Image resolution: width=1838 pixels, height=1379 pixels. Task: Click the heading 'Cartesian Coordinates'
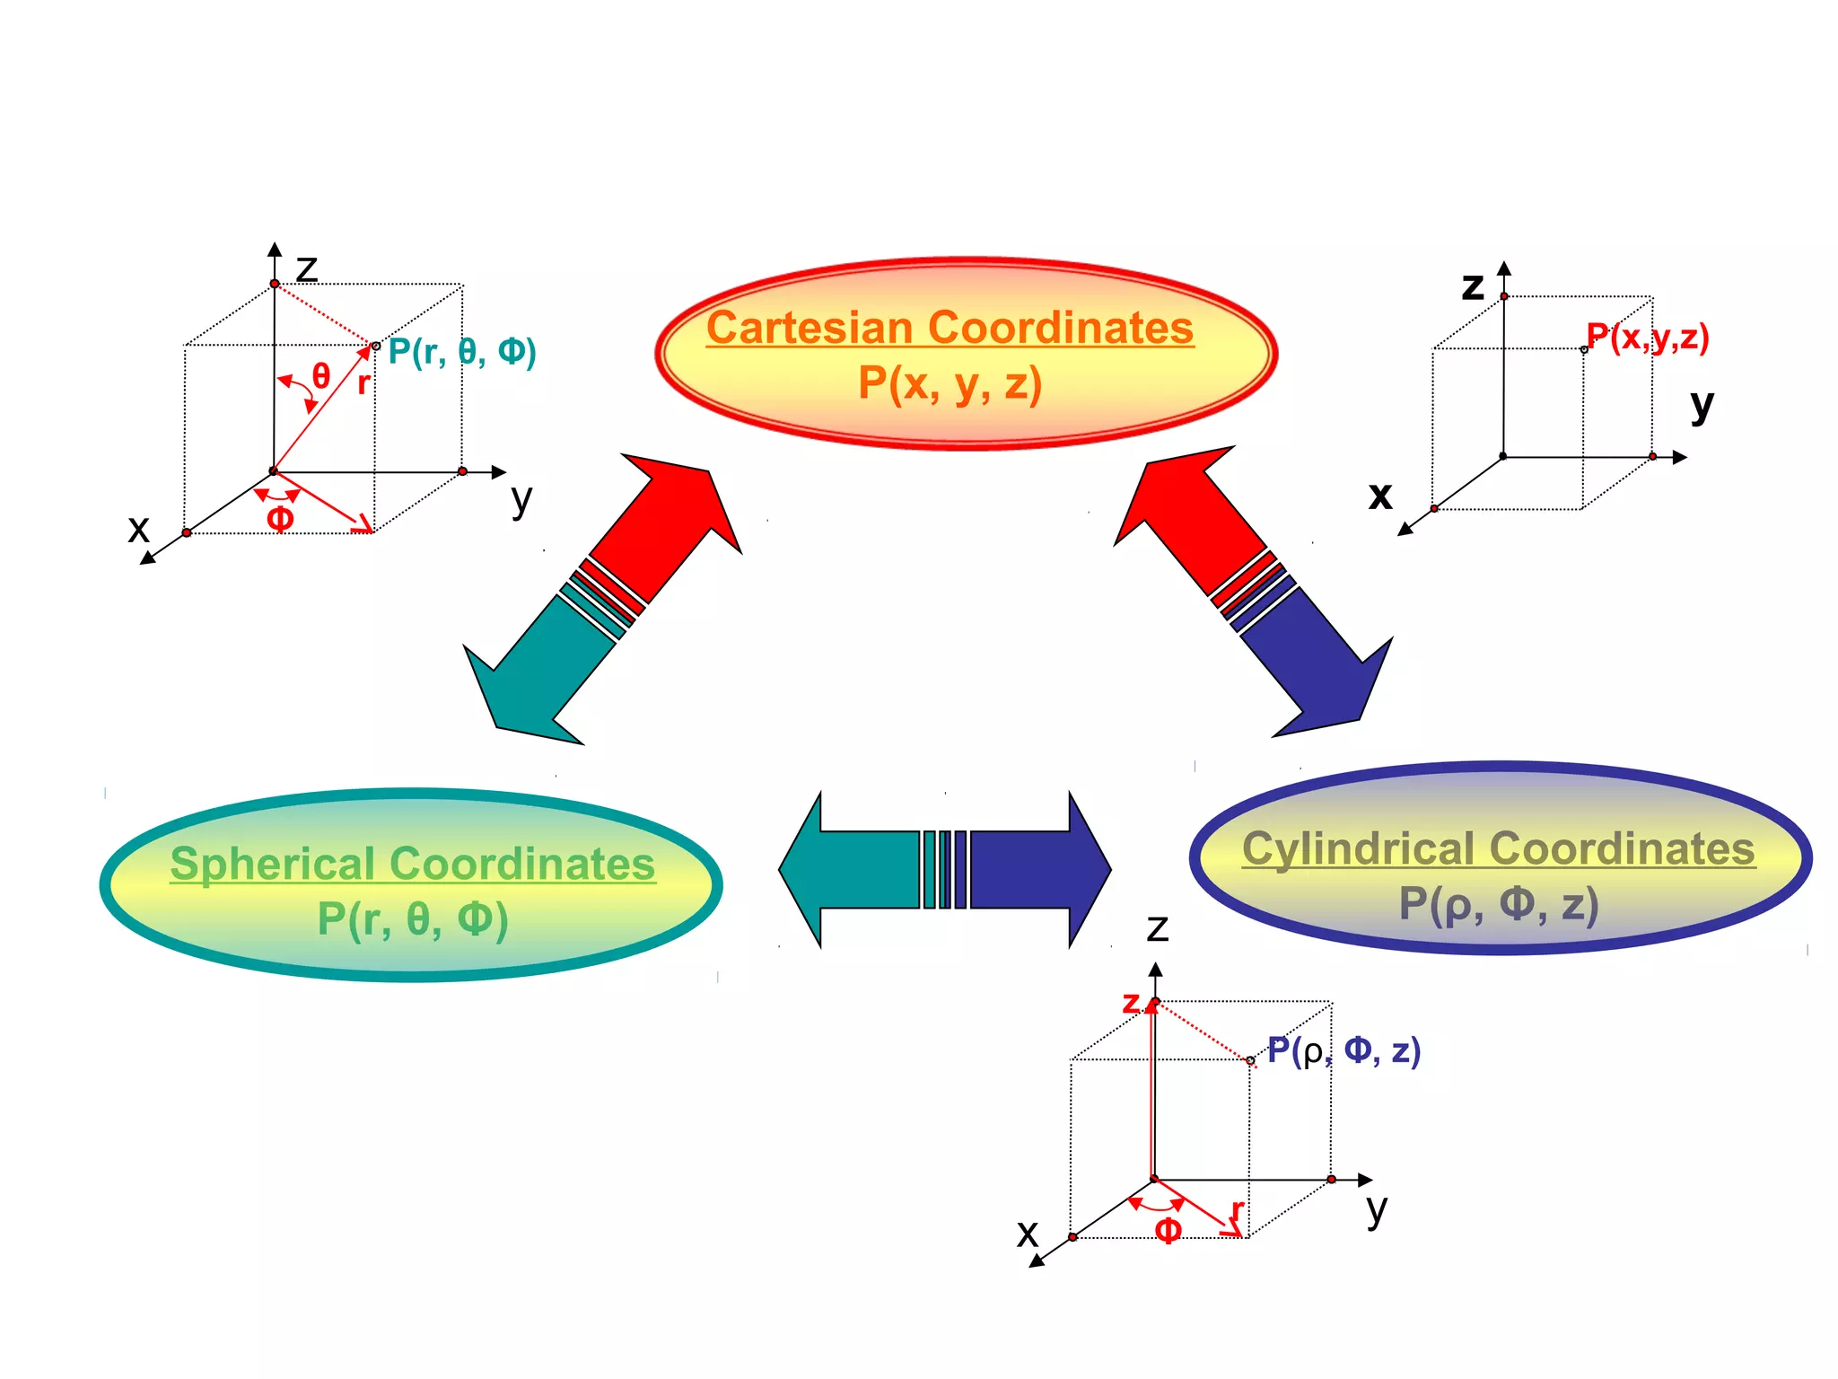950,327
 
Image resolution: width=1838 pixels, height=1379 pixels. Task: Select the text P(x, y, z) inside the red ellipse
950,383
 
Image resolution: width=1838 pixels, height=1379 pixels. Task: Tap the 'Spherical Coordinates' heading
413,864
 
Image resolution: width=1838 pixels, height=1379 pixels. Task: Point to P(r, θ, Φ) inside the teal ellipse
413,919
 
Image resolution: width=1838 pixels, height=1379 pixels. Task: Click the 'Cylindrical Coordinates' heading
1498,848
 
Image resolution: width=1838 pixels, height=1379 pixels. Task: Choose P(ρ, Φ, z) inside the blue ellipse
1499,904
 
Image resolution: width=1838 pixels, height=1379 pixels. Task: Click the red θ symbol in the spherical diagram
320,375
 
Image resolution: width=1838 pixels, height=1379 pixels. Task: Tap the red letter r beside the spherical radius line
363,383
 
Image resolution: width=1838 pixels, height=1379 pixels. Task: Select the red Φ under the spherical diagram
280,518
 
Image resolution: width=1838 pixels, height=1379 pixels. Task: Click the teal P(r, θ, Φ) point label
462,351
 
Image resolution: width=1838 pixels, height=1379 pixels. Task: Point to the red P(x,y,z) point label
1648,338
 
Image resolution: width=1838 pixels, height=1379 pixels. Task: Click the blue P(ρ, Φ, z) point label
1343,1050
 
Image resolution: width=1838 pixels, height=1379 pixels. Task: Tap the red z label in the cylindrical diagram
1131,1002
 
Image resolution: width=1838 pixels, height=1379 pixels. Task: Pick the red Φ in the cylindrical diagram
1168,1229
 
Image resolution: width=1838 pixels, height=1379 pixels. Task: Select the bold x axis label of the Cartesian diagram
1380,495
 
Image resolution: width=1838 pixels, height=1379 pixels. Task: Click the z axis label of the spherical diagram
307,268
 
